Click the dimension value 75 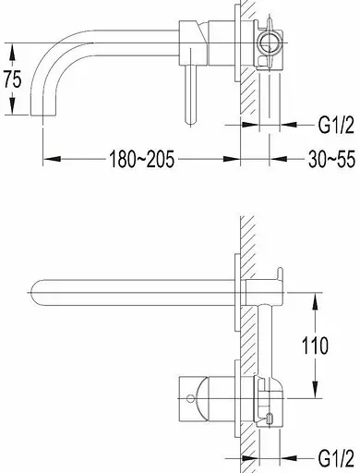13,79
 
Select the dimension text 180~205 142,159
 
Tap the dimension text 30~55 331,160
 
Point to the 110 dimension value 315,346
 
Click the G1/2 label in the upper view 336,125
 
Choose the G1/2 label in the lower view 336,458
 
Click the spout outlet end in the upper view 43,114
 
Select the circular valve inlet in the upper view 270,42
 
